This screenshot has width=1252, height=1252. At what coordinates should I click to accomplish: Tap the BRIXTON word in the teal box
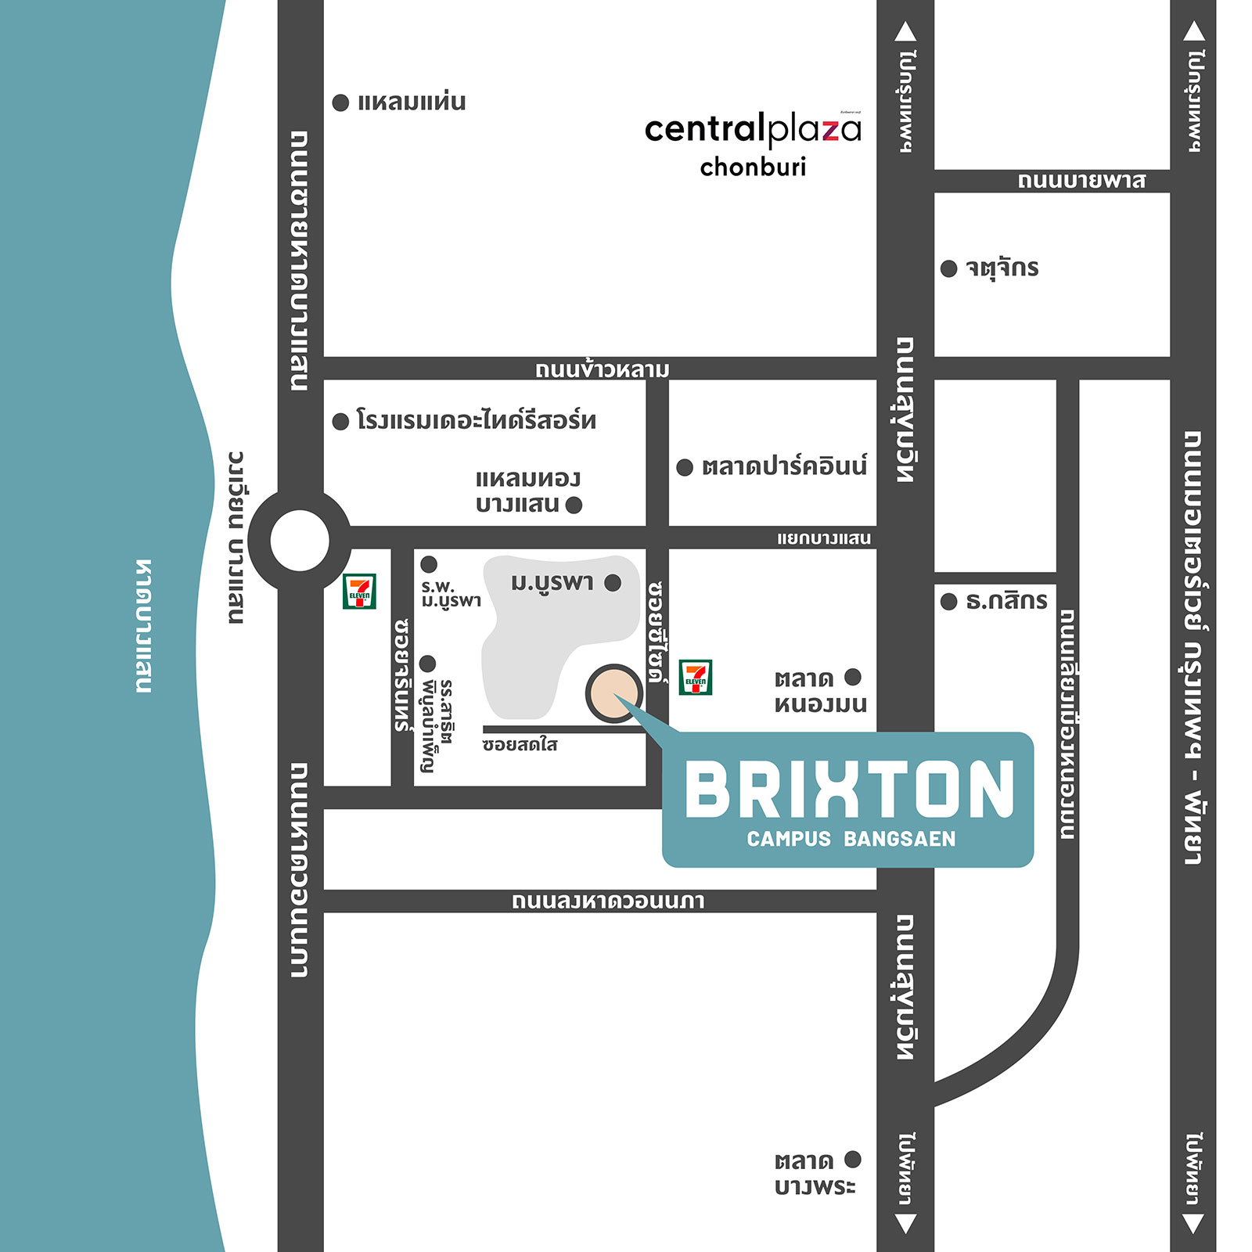click(849, 791)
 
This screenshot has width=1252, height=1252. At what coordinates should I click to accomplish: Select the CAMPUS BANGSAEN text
click(851, 839)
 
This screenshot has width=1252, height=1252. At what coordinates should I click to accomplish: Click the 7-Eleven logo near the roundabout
click(359, 592)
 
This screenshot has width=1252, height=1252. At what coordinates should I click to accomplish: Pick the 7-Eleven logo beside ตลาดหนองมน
click(695, 678)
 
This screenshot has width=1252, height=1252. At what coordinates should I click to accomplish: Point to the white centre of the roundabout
click(300, 540)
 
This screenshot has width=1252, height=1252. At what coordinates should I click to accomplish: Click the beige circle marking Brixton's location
click(613, 693)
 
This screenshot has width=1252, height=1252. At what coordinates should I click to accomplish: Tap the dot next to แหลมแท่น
click(340, 103)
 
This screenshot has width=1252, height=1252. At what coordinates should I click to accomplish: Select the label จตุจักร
click(1002, 268)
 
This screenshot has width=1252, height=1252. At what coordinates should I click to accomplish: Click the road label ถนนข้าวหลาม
click(602, 369)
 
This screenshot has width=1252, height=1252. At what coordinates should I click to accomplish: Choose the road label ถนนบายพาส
click(1081, 181)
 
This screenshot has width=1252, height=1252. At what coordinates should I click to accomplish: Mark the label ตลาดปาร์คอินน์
click(784, 466)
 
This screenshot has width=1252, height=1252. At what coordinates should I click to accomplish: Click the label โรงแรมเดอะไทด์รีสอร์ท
click(476, 420)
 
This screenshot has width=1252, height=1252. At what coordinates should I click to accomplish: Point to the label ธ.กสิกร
click(1006, 601)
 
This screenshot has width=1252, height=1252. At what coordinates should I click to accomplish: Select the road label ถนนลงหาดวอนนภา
click(608, 901)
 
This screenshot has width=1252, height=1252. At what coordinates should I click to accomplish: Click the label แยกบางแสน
click(823, 538)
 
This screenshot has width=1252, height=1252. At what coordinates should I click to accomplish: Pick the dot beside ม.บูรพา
click(613, 582)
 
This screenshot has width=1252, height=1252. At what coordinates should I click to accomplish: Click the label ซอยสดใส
click(520, 744)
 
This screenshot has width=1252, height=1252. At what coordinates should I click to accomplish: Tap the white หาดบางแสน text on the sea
click(143, 626)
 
